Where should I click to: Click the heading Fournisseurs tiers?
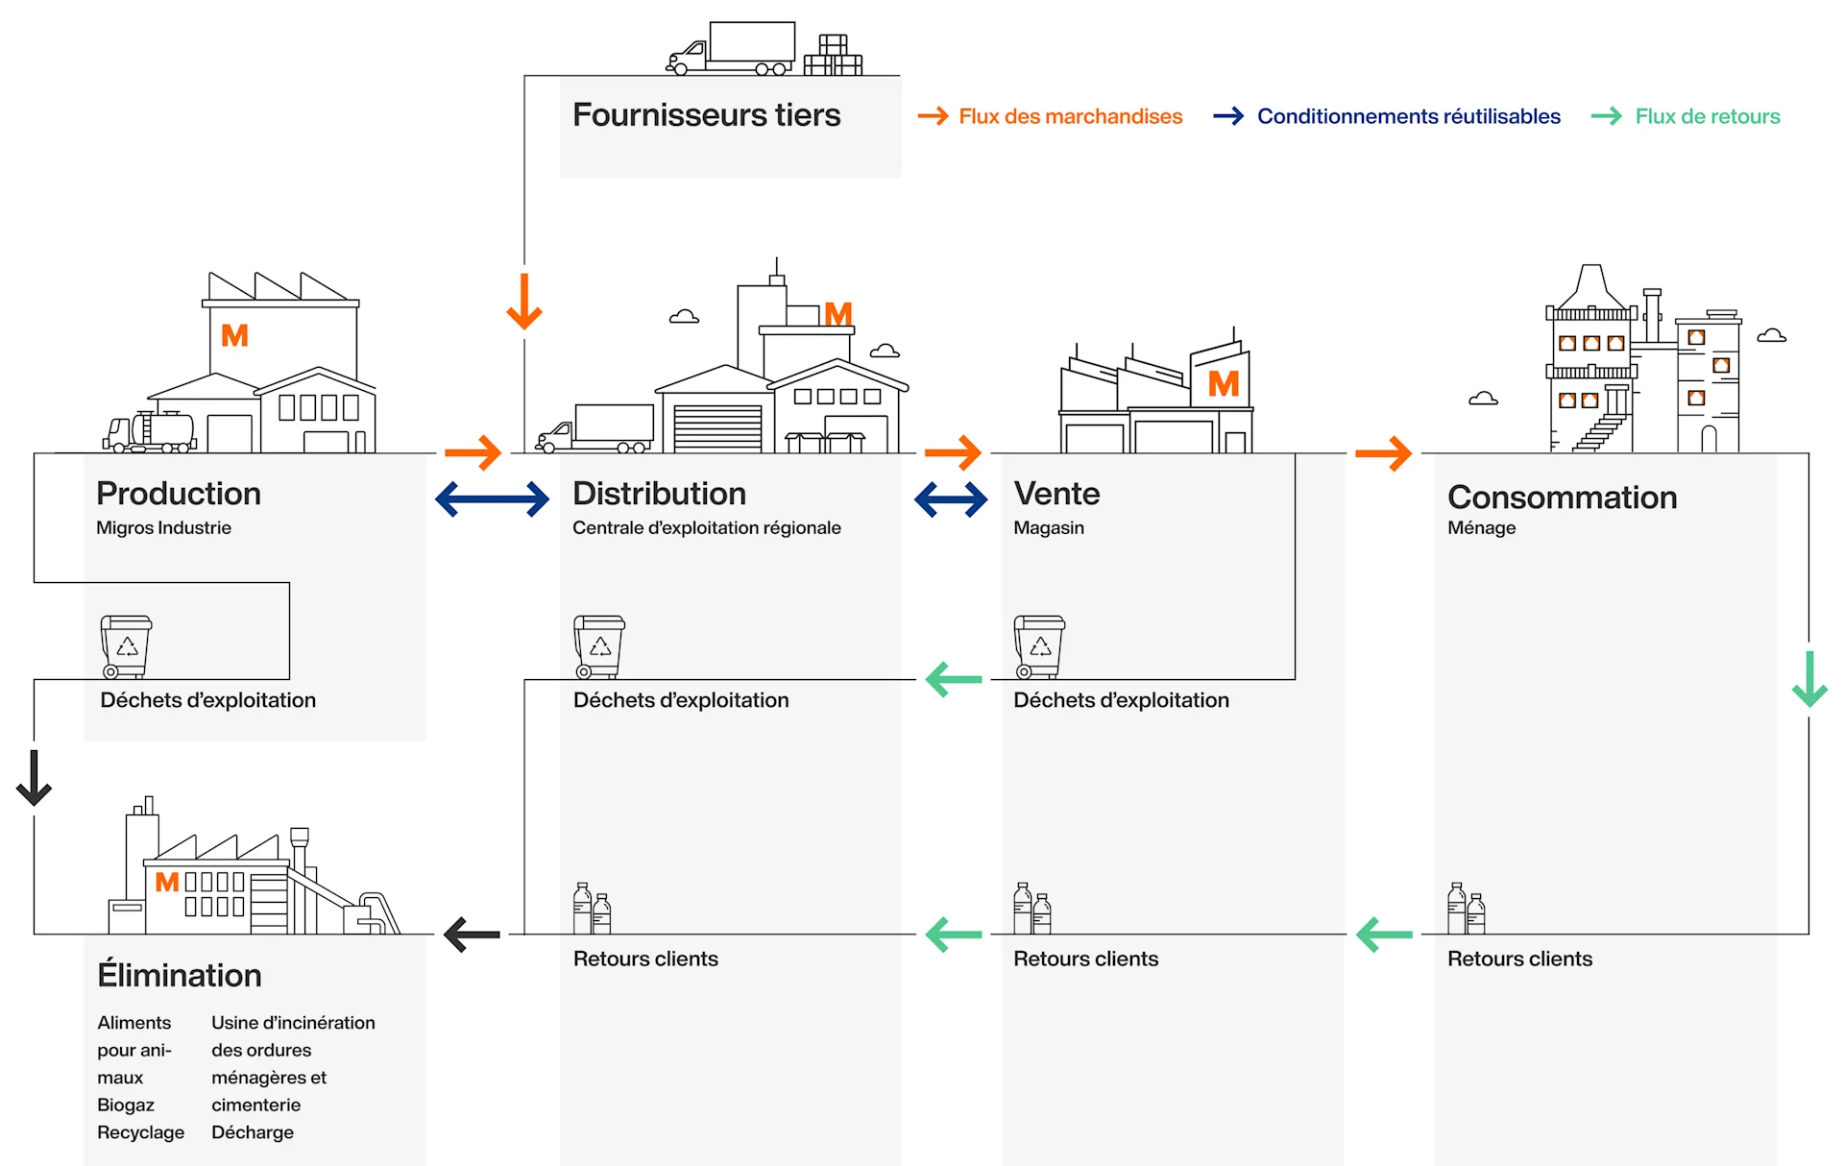click(706, 115)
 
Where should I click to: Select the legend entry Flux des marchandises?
click(1069, 116)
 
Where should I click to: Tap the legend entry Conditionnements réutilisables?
click(1407, 116)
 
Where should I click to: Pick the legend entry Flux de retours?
click(1707, 116)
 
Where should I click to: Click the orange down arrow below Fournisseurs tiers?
click(524, 302)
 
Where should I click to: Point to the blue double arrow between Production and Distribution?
click(492, 499)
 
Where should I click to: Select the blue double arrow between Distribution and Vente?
click(951, 499)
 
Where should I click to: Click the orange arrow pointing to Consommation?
click(1383, 452)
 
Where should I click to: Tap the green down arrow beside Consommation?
click(1809, 679)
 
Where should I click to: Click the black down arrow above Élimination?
click(34, 778)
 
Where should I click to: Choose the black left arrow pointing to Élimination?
click(472, 934)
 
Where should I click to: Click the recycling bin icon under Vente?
click(1039, 646)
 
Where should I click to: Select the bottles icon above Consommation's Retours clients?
click(1466, 909)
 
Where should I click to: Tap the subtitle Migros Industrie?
click(163, 527)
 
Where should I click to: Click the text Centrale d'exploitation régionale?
click(706, 527)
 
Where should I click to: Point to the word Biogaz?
click(125, 1105)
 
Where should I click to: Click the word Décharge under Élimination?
click(253, 1132)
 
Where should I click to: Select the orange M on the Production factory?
click(234, 335)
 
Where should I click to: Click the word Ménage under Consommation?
click(1481, 527)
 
